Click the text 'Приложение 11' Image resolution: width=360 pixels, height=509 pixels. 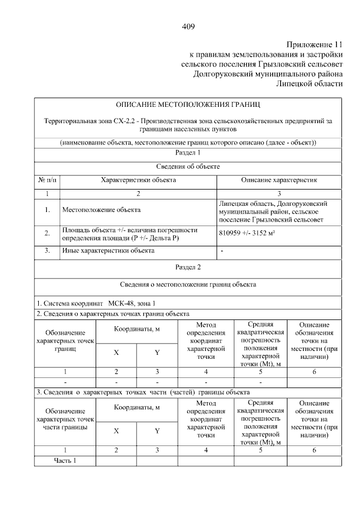(313, 44)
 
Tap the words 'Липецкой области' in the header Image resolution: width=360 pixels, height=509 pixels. (309, 83)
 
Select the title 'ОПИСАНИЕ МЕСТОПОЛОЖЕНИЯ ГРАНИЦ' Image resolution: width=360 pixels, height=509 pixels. (188, 104)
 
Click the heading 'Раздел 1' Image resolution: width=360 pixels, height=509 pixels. (188, 152)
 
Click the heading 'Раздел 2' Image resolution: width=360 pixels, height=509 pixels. (188, 267)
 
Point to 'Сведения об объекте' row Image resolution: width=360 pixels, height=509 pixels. (188, 166)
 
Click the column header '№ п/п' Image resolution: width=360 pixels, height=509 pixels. (47, 180)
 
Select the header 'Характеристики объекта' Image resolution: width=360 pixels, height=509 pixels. (138, 180)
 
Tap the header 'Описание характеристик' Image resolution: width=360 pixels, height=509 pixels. (279, 180)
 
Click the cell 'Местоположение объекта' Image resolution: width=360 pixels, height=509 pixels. (101, 210)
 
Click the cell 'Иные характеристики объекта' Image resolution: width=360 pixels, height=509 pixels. (107, 250)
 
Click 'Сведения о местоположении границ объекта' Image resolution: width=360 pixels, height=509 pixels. (188, 285)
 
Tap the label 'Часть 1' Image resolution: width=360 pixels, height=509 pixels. (65, 461)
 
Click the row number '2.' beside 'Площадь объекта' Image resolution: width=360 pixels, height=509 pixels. (47, 233)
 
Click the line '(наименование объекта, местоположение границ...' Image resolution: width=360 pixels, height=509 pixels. (188, 142)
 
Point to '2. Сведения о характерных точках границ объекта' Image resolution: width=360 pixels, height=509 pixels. (112, 313)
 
